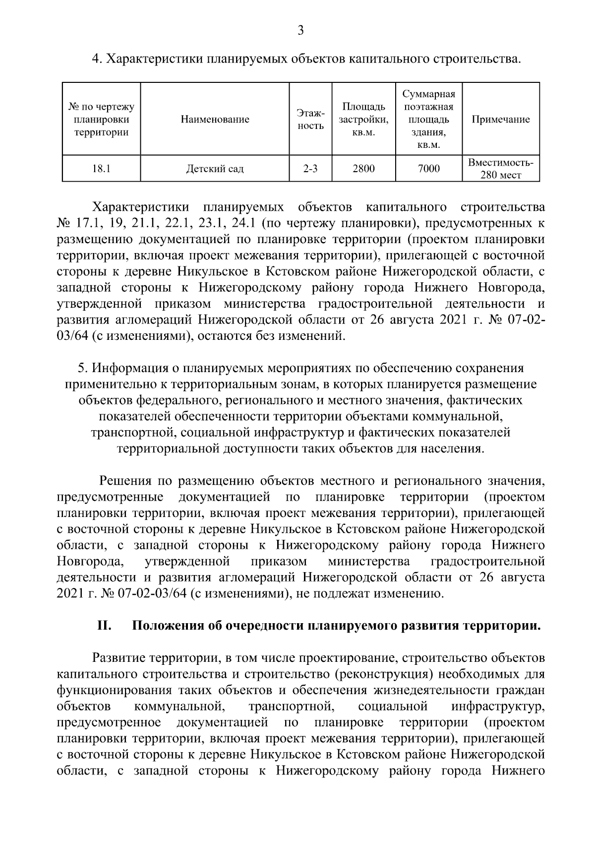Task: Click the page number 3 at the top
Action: click(300, 31)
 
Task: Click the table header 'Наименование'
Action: click(215, 120)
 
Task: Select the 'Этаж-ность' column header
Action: click(310, 120)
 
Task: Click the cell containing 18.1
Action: click(101, 169)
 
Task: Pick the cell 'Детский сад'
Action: click(215, 169)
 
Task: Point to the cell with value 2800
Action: click(363, 169)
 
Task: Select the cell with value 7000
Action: click(428, 169)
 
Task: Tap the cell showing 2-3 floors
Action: click(310, 169)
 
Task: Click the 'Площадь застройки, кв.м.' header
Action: click(363, 120)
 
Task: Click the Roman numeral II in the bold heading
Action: click(104, 626)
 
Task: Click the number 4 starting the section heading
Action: click(96, 60)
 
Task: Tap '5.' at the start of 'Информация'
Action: click(83, 369)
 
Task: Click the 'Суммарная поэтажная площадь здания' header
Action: click(428, 120)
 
